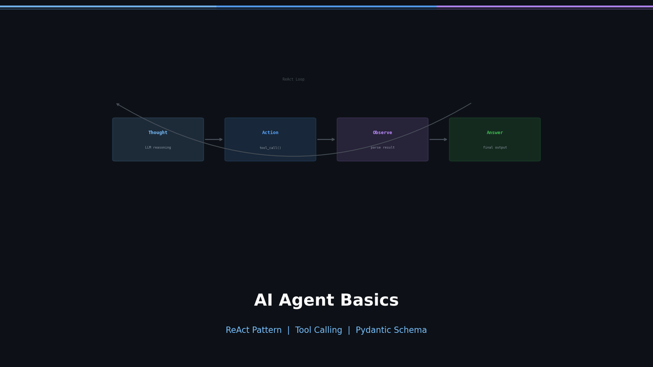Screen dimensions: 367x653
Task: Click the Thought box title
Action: pos(158,133)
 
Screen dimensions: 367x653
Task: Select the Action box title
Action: pos(270,133)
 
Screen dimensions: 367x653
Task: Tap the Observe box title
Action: pos(382,133)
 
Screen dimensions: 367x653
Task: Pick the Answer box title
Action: pos(495,133)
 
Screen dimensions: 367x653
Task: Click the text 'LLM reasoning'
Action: pos(158,147)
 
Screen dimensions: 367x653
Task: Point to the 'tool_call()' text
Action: pos(270,148)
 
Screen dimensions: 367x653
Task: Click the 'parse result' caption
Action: pos(382,147)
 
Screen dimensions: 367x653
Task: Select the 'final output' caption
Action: pos(495,147)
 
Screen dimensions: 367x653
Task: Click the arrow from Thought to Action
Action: pos(214,140)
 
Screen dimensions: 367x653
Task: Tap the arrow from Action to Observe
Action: pos(326,140)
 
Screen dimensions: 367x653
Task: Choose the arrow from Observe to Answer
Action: pos(438,140)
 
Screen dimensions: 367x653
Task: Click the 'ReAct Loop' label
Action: pos(293,79)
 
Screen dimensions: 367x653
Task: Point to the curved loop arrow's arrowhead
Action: pos(118,104)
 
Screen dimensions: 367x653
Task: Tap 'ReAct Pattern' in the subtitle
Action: pos(254,330)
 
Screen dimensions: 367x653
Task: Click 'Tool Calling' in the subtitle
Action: pos(318,330)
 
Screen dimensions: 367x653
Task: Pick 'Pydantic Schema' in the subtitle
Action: pos(391,330)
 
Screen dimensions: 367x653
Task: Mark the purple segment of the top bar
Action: pos(544,7)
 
